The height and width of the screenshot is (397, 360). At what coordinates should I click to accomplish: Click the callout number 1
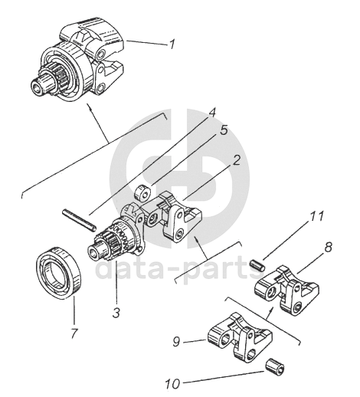(172, 44)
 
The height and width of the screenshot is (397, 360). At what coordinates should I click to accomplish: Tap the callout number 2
(236, 160)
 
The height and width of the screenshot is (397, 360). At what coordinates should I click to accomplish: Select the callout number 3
(116, 313)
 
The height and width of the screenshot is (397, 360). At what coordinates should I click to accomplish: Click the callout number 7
(74, 333)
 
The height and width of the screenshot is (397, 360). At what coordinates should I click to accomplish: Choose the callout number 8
(328, 247)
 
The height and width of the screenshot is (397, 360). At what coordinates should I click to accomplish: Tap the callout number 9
(176, 342)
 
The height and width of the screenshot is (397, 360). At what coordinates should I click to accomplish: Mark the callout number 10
(172, 384)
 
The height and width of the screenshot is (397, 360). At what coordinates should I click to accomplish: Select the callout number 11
(316, 216)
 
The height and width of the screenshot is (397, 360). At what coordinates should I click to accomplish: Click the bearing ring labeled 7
(58, 274)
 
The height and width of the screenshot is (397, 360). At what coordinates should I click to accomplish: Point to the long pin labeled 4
(79, 219)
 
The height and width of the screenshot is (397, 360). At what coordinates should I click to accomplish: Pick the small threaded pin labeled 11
(258, 264)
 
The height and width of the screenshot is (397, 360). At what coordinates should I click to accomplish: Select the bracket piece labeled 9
(239, 338)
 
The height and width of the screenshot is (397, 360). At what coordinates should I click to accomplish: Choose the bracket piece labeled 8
(287, 290)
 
